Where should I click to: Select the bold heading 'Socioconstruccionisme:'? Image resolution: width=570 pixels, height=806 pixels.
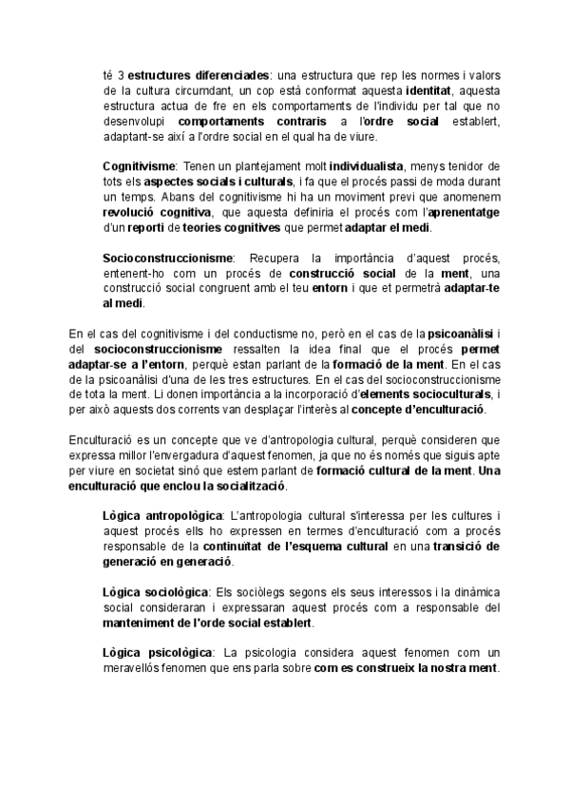point(168,259)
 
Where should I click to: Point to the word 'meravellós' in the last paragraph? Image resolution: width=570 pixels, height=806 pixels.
point(133,667)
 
